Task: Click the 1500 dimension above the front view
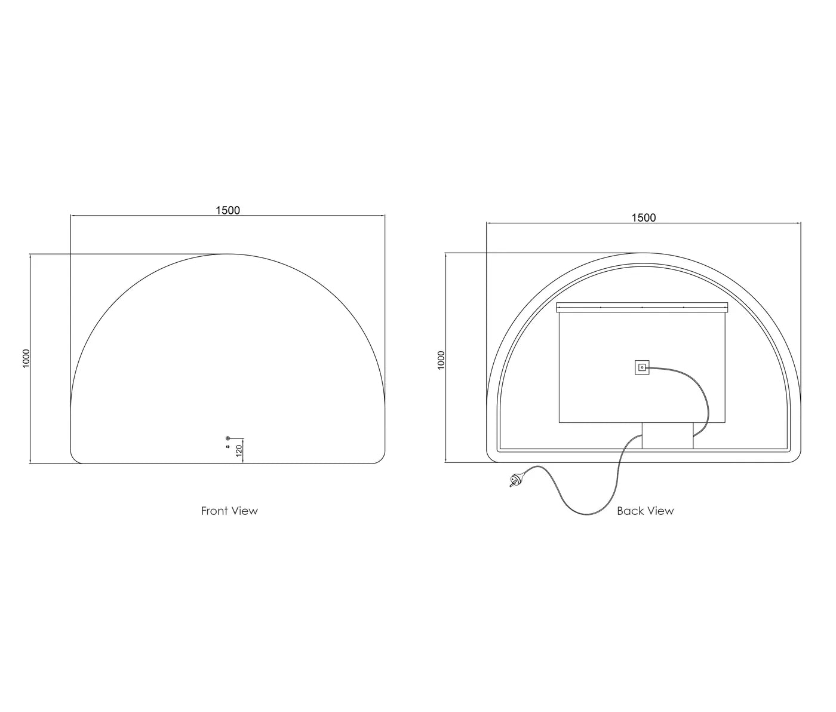[x=228, y=210]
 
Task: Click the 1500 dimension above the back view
[x=644, y=218]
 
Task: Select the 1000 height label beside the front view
[x=26, y=358]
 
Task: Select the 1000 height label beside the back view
[x=442, y=360]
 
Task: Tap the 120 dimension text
[x=239, y=450]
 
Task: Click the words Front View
[x=229, y=511]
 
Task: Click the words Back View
[x=645, y=511]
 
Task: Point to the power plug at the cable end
[x=514, y=479]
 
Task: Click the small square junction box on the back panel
[x=642, y=367]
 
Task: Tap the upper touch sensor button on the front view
[x=228, y=438]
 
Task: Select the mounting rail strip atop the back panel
[x=642, y=307]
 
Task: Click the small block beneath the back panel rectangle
[x=668, y=435]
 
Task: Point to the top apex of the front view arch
[x=228, y=254]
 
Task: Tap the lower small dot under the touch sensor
[x=228, y=447]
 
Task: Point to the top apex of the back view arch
[x=644, y=253]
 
